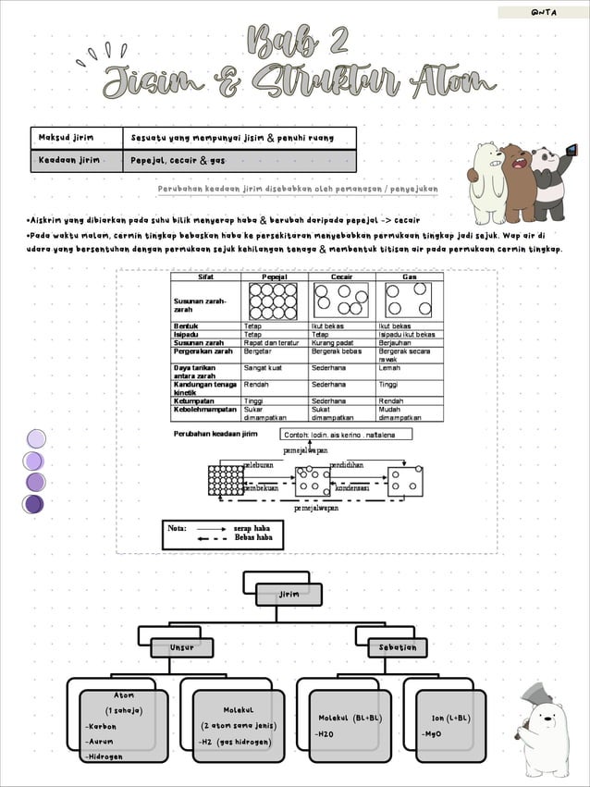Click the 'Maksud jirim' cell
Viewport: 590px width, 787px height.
pos(77,138)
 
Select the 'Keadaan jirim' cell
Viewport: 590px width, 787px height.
pos(77,161)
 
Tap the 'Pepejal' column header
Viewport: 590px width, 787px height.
pos(275,277)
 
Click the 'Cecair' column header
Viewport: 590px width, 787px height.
pos(342,277)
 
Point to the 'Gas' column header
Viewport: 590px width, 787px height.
pos(410,277)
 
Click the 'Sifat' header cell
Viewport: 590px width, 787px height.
pos(206,277)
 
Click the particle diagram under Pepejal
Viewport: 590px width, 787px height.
pos(275,301)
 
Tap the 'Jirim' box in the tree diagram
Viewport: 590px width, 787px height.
pos(289,594)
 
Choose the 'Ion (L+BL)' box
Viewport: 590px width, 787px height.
pos(450,725)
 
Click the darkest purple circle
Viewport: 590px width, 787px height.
pos(34,504)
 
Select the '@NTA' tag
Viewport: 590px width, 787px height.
pos(543,12)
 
